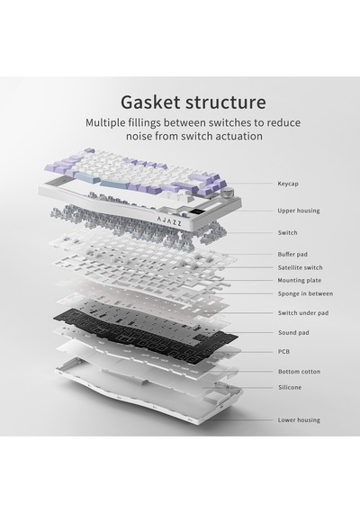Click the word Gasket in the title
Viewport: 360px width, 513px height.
coord(150,102)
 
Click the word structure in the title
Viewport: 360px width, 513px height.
coord(226,102)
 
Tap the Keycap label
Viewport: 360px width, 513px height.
coord(288,184)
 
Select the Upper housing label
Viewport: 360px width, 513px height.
coord(299,211)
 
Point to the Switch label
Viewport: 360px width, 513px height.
coord(288,232)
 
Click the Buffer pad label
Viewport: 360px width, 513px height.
coord(292,254)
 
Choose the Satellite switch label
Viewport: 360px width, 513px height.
coord(300,267)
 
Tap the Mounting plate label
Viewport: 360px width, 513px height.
coord(300,281)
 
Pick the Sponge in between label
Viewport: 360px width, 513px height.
coord(305,293)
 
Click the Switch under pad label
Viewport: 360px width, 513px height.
coord(303,313)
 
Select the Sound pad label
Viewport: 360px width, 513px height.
coord(293,333)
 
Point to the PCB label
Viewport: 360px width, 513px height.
coord(283,352)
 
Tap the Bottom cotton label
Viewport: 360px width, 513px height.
coord(300,372)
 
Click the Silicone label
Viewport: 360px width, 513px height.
coord(290,387)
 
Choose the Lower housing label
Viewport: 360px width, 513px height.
coord(299,420)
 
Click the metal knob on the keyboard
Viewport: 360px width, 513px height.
coord(226,193)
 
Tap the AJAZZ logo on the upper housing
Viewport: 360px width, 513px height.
coord(169,221)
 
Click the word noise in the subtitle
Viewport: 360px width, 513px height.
coord(139,136)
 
